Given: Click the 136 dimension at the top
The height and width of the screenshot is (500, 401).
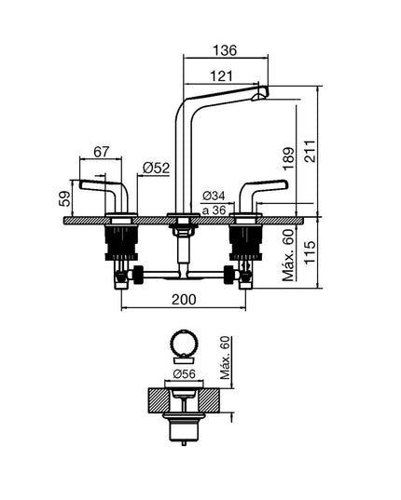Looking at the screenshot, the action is (225, 50).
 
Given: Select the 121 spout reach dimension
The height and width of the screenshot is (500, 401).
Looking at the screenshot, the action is (222, 76).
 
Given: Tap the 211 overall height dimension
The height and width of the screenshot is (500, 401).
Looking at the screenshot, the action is (310, 151).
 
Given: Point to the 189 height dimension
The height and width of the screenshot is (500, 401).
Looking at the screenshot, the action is (288, 158).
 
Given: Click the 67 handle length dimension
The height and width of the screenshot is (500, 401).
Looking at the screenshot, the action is (102, 152).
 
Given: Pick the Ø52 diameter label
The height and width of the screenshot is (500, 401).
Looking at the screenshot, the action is (156, 168).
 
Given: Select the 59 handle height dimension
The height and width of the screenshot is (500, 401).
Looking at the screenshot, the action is (64, 198).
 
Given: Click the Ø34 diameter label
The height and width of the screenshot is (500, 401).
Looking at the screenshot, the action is (214, 196).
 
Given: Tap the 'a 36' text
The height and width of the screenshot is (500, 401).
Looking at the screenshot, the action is (214, 210).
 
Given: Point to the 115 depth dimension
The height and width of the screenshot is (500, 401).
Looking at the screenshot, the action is (310, 252).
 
